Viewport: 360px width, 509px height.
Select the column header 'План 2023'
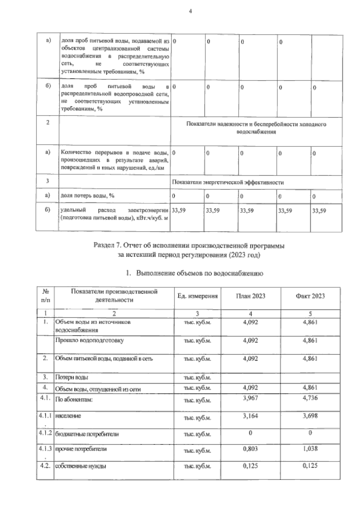[250, 296]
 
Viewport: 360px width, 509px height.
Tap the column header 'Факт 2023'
[310, 296]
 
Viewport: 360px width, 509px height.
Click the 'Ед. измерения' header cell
[197, 296]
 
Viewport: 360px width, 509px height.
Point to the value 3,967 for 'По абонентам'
[250, 398]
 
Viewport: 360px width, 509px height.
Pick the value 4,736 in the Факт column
[310, 398]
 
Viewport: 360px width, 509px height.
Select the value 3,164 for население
[250, 416]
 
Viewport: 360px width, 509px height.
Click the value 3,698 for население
[310, 416]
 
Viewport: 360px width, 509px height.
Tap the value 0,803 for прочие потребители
[250, 449]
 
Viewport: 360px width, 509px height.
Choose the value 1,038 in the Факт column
[310, 449]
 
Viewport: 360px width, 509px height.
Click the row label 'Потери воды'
[72, 377]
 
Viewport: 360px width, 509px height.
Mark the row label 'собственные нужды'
[81, 466]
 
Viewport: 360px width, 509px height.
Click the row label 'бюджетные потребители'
[87, 434]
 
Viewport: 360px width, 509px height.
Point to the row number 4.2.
[45, 466]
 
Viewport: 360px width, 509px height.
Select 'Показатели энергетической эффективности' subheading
[228, 182]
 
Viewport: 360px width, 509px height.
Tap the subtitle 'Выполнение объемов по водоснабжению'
[199, 273]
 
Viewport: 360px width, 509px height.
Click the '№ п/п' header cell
[46, 296]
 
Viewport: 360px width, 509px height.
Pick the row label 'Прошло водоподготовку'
[89, 341]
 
